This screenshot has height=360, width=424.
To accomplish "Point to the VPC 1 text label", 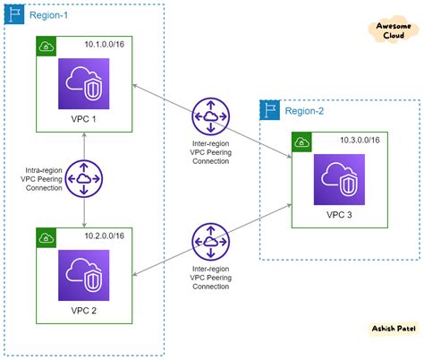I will point(84,118).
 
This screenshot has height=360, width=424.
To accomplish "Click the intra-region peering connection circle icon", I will point(84,178).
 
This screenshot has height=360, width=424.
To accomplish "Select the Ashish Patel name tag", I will point(392,329).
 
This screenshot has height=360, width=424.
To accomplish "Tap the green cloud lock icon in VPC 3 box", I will point(302,141).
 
